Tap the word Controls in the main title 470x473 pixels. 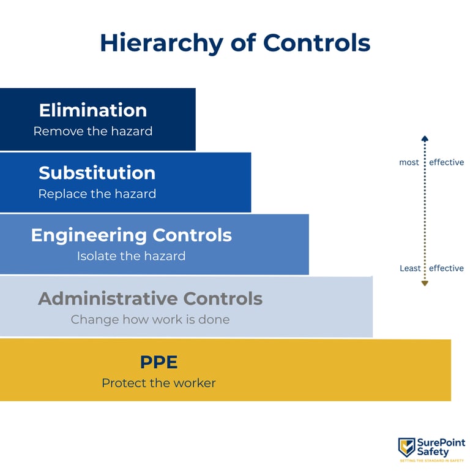tap(317, 44)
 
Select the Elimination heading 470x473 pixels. tap(93, 110)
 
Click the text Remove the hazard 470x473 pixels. tap(93, 131)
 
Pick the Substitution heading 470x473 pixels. tap(97, 173)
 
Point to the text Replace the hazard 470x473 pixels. tap(97, 194)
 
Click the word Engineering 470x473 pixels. tap(89, 235)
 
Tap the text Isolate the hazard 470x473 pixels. tap(131, 256)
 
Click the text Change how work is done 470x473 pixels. tap(150, 319)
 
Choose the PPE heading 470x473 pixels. tap(159, 362)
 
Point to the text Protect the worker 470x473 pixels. tap(159, 384)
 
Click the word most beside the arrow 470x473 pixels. tap(409, 163)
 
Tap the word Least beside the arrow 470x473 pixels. tap(410, 268)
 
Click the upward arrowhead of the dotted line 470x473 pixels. tap(425, 139)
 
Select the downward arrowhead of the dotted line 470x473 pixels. tap(425, 283)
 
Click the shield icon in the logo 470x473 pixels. tap(406, 447)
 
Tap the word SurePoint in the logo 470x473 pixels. tap(441, 443)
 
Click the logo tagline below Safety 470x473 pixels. tap(433, 460)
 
